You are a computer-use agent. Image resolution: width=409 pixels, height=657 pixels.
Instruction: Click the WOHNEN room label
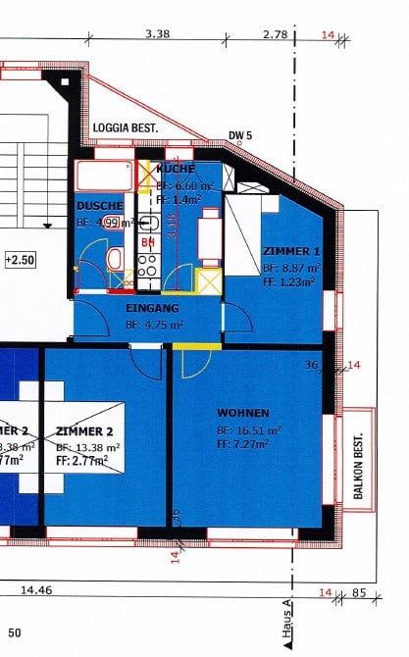(244, 413)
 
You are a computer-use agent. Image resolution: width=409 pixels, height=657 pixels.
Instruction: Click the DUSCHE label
(99, 206)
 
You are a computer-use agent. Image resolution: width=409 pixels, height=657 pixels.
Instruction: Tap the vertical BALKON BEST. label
(359, 467)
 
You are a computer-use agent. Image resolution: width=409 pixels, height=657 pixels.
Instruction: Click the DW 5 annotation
(241, 135)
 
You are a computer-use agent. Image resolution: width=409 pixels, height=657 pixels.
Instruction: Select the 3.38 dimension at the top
(157, 33)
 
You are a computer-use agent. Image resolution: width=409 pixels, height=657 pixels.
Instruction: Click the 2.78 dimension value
(275, 33)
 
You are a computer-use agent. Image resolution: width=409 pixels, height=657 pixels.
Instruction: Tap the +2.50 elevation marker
(20, 260)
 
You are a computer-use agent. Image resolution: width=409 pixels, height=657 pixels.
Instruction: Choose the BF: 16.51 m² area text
(249, 430)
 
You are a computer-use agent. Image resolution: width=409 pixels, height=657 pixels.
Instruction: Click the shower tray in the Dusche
(104, 177)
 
